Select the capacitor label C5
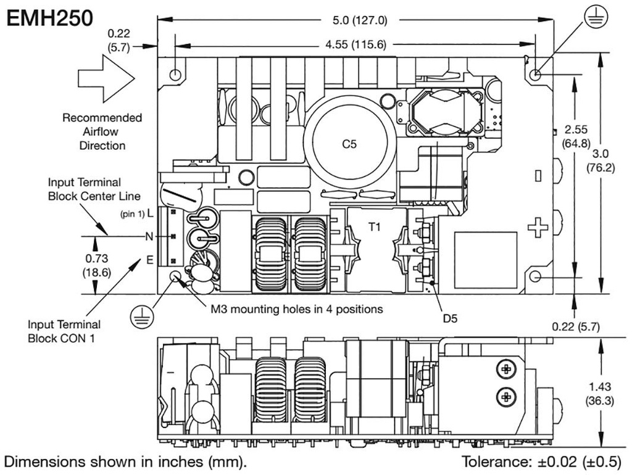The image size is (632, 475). (x=349, y=144)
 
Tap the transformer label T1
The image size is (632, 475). (x=375, y=227)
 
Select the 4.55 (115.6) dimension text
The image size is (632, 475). (x=355, y=44)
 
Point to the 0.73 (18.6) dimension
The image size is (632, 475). (x=96, y=264)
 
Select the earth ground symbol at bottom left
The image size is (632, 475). (x=140, y=317)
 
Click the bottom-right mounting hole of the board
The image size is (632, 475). (x=535, y=277)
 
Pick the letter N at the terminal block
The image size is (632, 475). (x=149, y=236)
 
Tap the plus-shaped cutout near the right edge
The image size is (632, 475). (x=538, y=228)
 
